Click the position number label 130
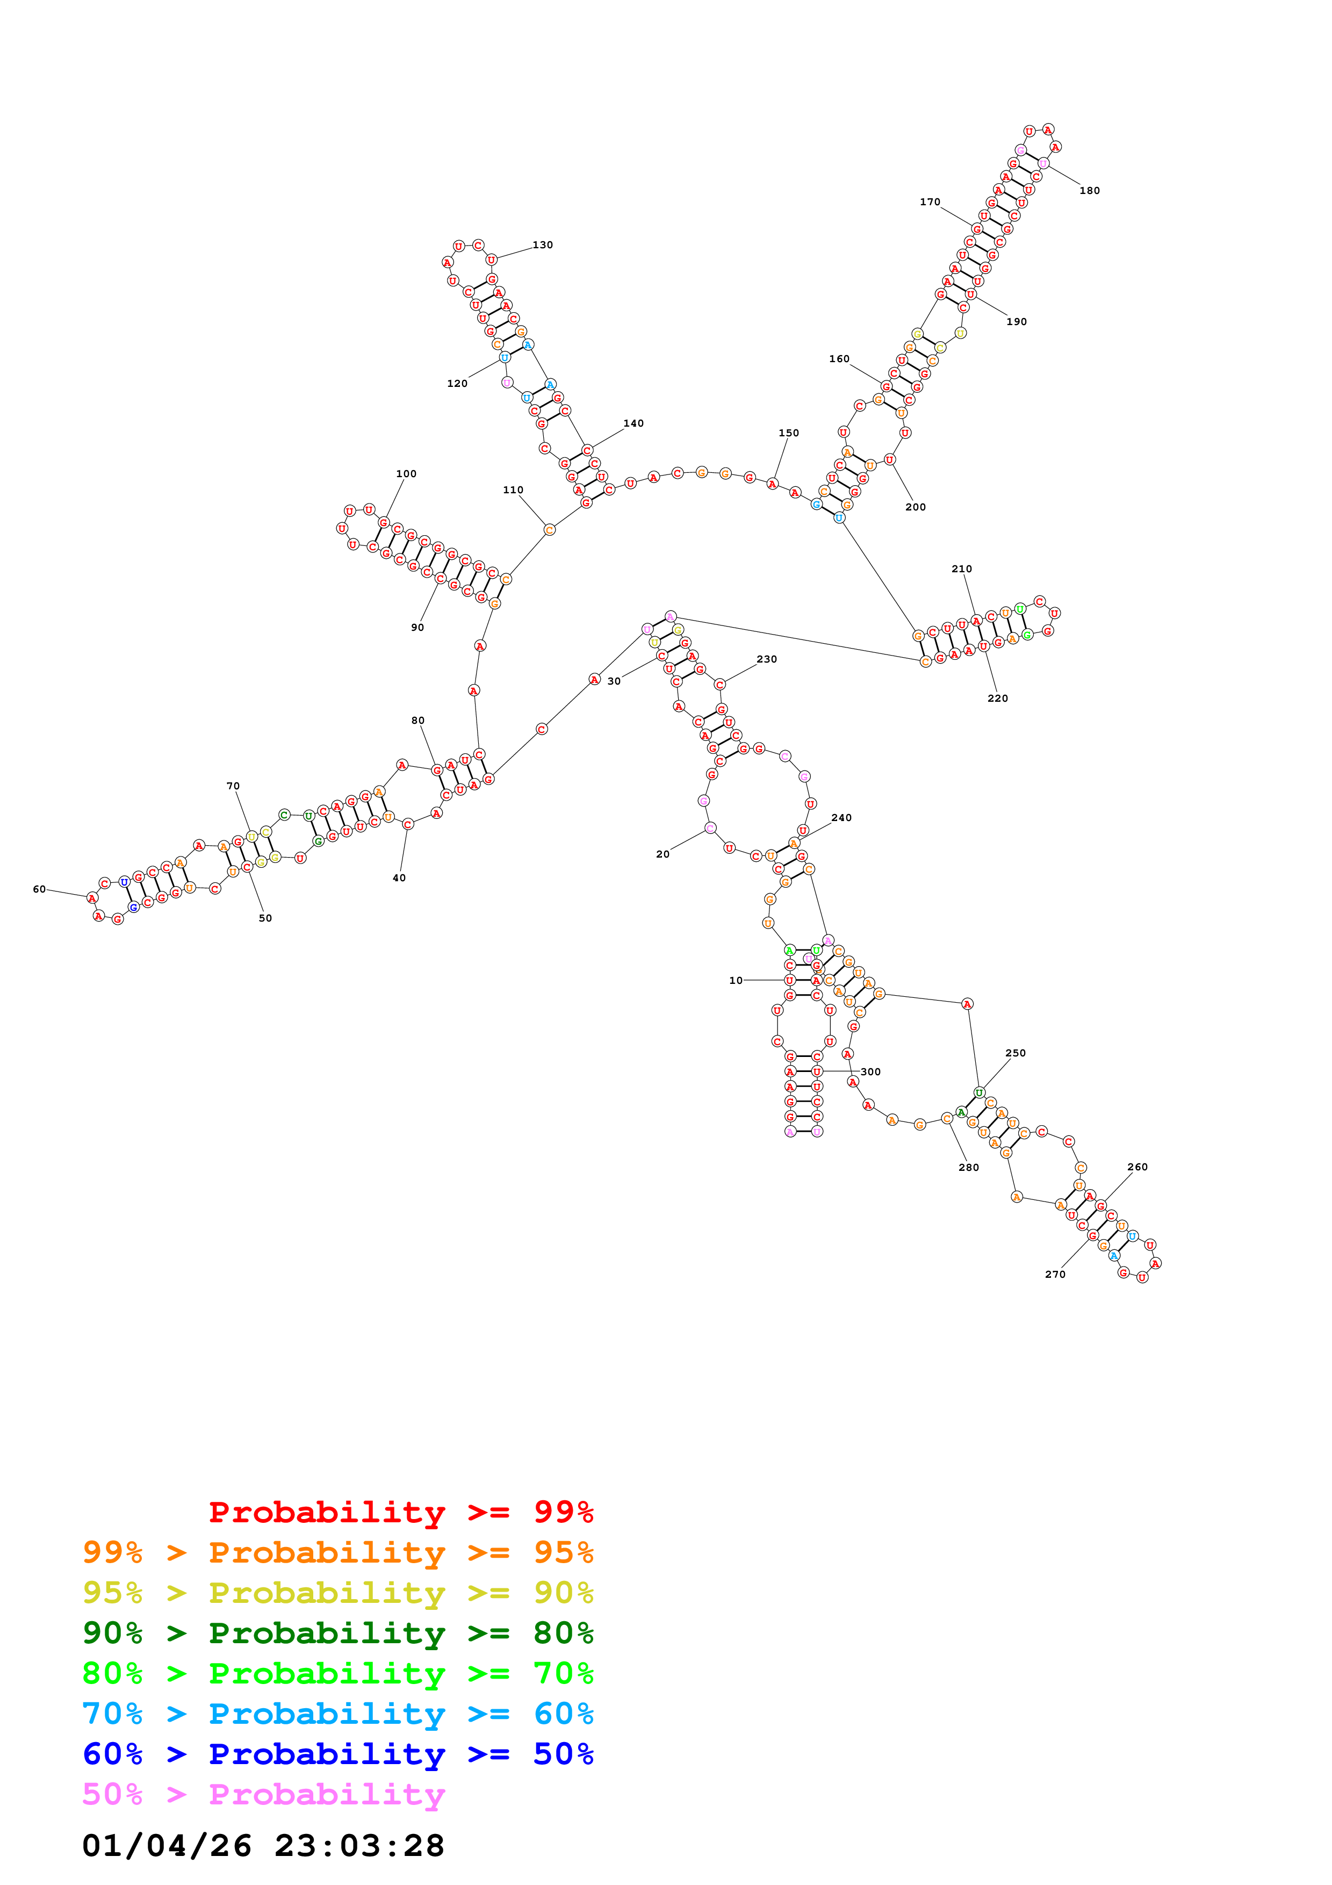click(x=543, y=244)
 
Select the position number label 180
click(x=1089, y=190)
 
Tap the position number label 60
click(x=39, y=889)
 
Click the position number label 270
click(x=1055, y=1274)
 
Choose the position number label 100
click(x=406, y=474)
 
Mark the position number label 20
click(x=663, y=854)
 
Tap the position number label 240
click(x=841, y=818)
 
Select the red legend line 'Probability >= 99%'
click(x=400, y=1512)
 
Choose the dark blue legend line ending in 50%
click(x=337, y=1754)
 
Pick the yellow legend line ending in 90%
click(x=337, y=1593)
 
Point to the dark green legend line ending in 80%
click(x=337, y=1633)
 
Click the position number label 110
click(x=513, y=490)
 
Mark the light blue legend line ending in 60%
click(x=337, y=1714)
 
